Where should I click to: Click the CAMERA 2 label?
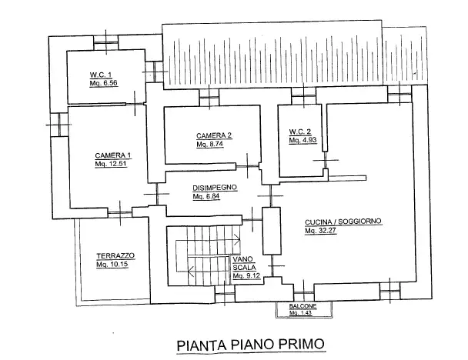(x=213, y=135)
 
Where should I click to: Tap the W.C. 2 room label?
(x=300, y=132)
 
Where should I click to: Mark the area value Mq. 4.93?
(x=303, y=141)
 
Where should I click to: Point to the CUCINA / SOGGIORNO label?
(x=343, y=222)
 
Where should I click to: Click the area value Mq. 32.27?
(x=322, y=230)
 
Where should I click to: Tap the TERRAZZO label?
(x=115, y=255)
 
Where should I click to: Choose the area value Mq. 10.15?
(x=113, y=265)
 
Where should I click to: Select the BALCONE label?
(x=303, y=306)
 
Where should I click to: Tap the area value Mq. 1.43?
(x=303, y=312)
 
